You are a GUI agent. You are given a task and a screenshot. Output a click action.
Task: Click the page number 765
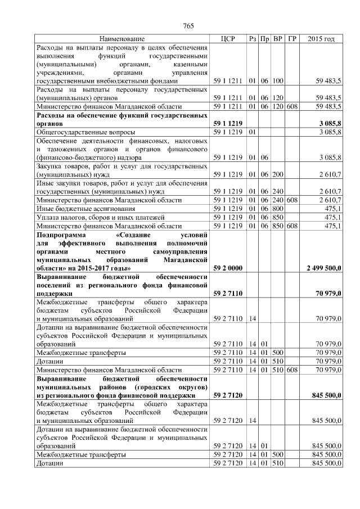pyautogui.click(x=188, y=26)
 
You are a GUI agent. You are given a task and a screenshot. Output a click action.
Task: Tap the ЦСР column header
pyautogui.click(x=228, y=39)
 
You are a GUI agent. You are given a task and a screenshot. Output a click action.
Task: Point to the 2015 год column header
pyautogui.click(x=321, y=39)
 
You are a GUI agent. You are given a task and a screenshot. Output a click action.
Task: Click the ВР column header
pyautogui.click(x=277, y=39)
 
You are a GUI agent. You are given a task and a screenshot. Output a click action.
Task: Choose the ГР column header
pyautogui.click(x=291, y=39)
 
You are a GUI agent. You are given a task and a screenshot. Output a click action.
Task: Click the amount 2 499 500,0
pyautogui.click(x=323, y=268)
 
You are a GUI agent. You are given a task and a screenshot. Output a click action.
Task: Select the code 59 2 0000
pyautogui.click(x=228, y=268)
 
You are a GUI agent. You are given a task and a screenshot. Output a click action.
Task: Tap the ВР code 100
pyautogui.click(x=277, y=81)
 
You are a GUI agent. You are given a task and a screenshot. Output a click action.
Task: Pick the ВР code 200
pyautogui.click(x=277, y=175)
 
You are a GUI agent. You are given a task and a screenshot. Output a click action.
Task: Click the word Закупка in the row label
pyautogui.click(x=50, y=166)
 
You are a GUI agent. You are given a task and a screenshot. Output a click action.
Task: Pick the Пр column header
pyautogui.click(x=264, y=39)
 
